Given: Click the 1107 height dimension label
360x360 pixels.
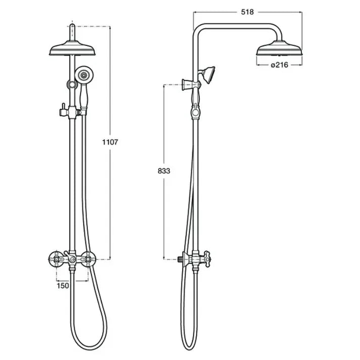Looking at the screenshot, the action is coord(110,142).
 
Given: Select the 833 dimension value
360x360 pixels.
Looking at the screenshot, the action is coord(164,171).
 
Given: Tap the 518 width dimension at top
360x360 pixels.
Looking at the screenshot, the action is coord(247,12).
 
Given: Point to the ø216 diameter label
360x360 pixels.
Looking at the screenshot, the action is coord(280,65).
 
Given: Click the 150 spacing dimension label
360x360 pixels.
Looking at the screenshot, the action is coord(63,286).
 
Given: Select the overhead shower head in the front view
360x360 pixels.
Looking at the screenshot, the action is coord(72,49).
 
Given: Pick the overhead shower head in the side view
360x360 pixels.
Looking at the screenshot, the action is coord(279,48).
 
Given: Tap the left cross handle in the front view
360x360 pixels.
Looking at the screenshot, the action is coord(57,259).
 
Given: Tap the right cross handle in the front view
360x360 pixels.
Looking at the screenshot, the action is coord(88,259).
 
